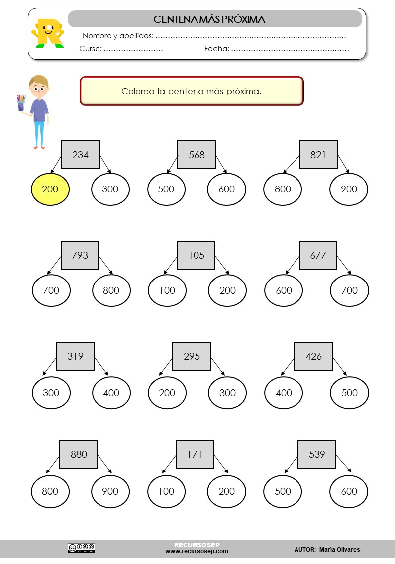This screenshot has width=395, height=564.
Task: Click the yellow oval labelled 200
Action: (50, 189)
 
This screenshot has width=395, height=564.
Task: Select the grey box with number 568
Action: (197, 155)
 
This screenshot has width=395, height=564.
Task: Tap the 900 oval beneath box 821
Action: (349, 189)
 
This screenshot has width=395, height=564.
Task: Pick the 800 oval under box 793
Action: (111, 290)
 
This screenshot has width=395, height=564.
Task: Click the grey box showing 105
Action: (196, 255)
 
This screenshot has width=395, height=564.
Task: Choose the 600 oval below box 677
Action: (284, 290)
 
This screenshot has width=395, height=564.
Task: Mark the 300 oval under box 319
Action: (51, 393)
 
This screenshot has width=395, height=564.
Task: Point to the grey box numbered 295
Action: (192, 356)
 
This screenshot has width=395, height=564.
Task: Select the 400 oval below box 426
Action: (284, 393)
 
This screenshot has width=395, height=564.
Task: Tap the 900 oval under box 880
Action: (110, 491)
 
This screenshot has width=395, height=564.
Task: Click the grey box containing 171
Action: (195, 454)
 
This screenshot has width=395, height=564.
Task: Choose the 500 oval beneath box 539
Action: (283, 491)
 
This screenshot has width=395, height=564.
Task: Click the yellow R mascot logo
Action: (48, 33)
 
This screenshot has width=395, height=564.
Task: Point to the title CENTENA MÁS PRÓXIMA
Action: (209, 19)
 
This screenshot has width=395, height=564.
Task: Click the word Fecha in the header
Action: (216, 49)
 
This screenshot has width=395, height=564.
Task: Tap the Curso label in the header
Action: (91, 49)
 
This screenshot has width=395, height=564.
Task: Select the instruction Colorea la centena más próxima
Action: (192, 91)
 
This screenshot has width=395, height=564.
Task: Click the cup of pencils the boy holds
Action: (21, 102)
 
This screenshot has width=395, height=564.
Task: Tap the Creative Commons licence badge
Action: (81, 548)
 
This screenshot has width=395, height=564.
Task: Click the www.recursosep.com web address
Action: (197, 551)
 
